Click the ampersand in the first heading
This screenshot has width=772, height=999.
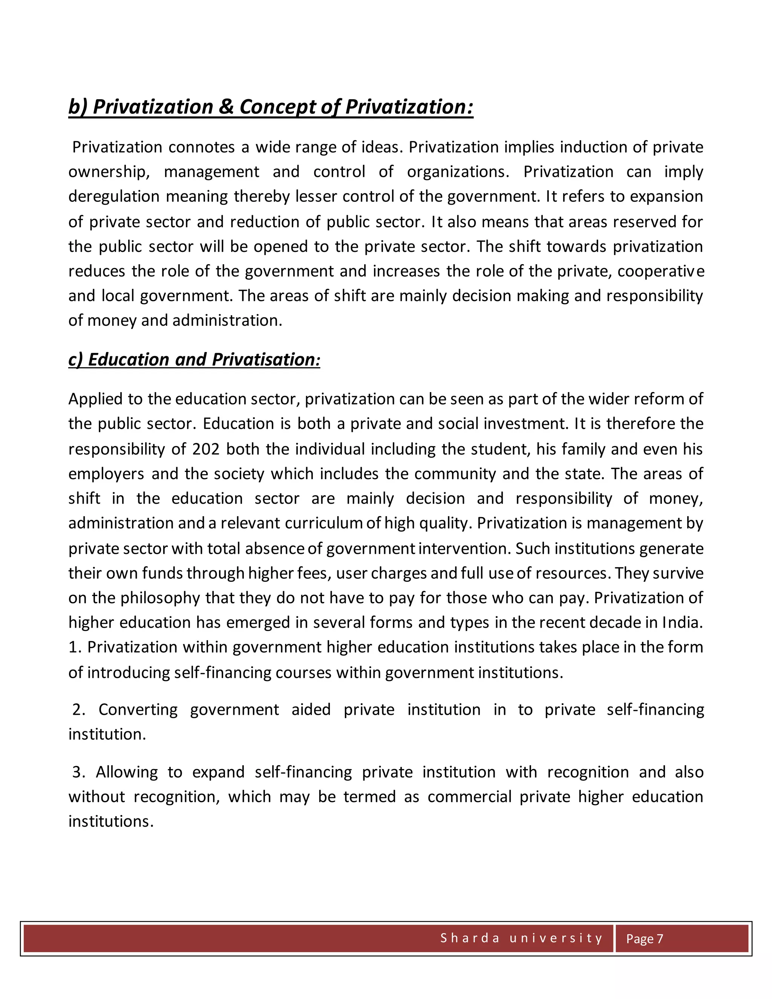click(225, 107)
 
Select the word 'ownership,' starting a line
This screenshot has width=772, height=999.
click(109, 172)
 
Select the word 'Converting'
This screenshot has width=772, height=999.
click(138, 709)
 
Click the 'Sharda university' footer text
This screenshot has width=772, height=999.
click(521, 938)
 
